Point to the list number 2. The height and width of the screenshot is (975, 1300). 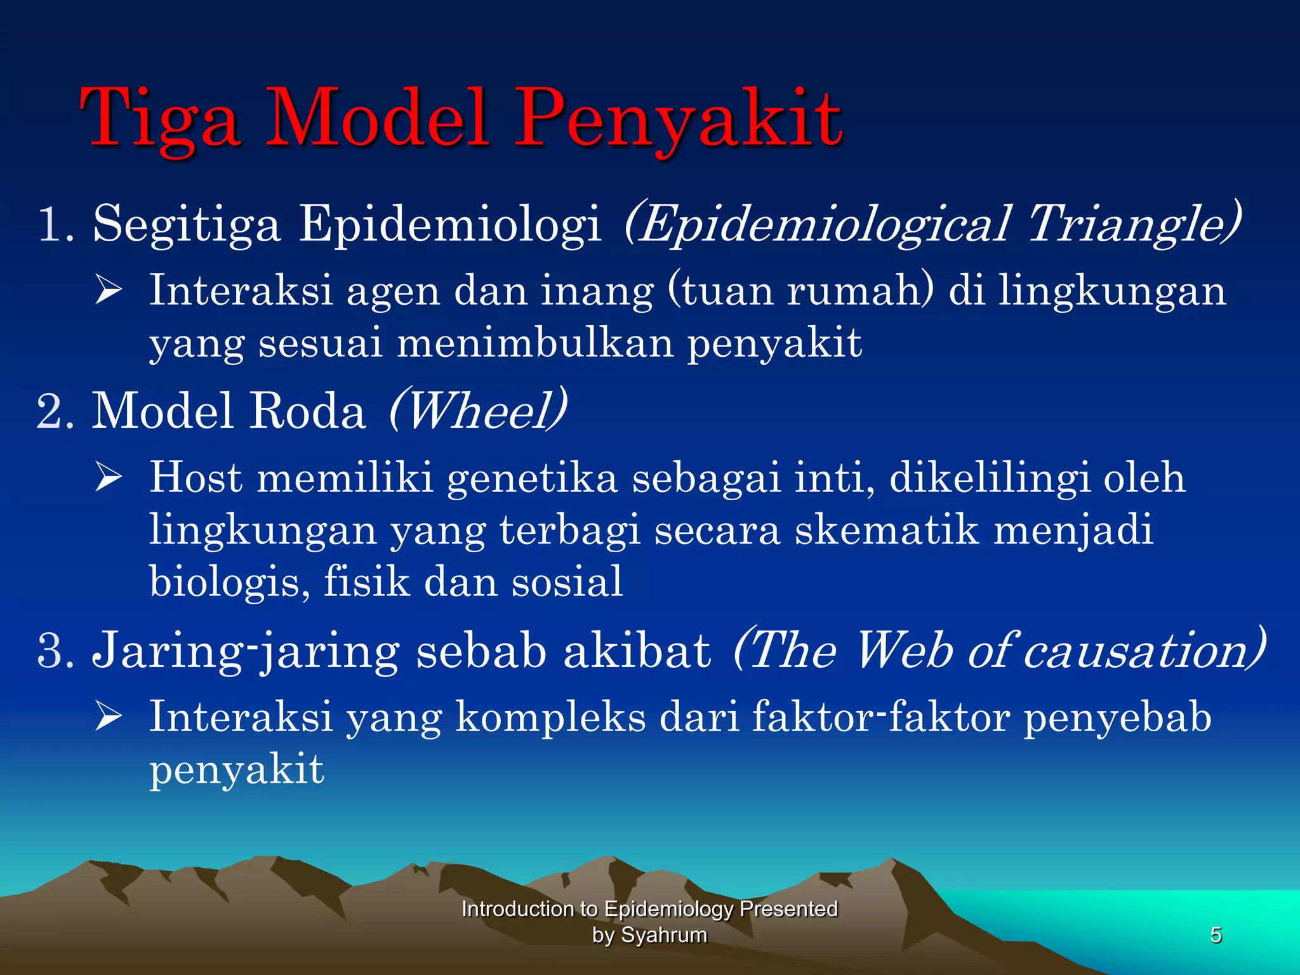[x=54, y=411]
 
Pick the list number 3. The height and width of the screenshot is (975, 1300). [x=54, y=650]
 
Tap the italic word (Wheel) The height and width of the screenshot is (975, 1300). [x=477, y=411]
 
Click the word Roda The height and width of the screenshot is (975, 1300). [x=308, y=411]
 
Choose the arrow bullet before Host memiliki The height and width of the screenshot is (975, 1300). [x=108, y=478]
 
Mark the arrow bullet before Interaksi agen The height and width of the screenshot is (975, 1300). [x=108, y=291]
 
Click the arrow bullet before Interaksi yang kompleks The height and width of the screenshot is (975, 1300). [x=108, y=717]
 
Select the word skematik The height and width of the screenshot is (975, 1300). [x=887, y=530]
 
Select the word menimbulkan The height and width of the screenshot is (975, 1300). [x=535, y=343]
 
